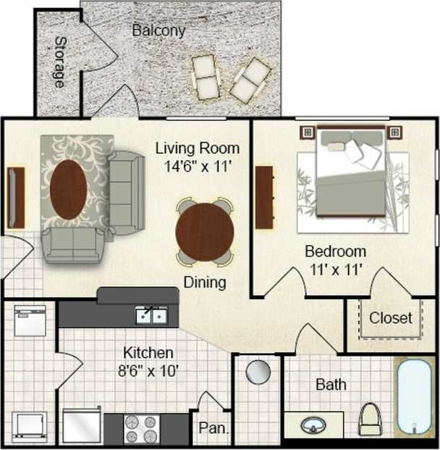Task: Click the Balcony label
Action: tap(158, 31)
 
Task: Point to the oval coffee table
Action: tap(69, 189)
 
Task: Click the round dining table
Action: tap(205, 232)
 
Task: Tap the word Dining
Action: tap(204, 282)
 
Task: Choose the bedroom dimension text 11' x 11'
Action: tap(334, 270)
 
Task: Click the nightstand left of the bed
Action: tap(306, 132)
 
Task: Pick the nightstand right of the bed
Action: tap(394, 132)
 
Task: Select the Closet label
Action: tap(391, 318)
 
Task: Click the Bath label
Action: tap(331, 384)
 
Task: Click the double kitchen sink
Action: tap(151, 315)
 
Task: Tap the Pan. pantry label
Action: tap(213, 428)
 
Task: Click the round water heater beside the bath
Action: tap(258, 372)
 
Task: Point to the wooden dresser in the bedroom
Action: tap(265, 197)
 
